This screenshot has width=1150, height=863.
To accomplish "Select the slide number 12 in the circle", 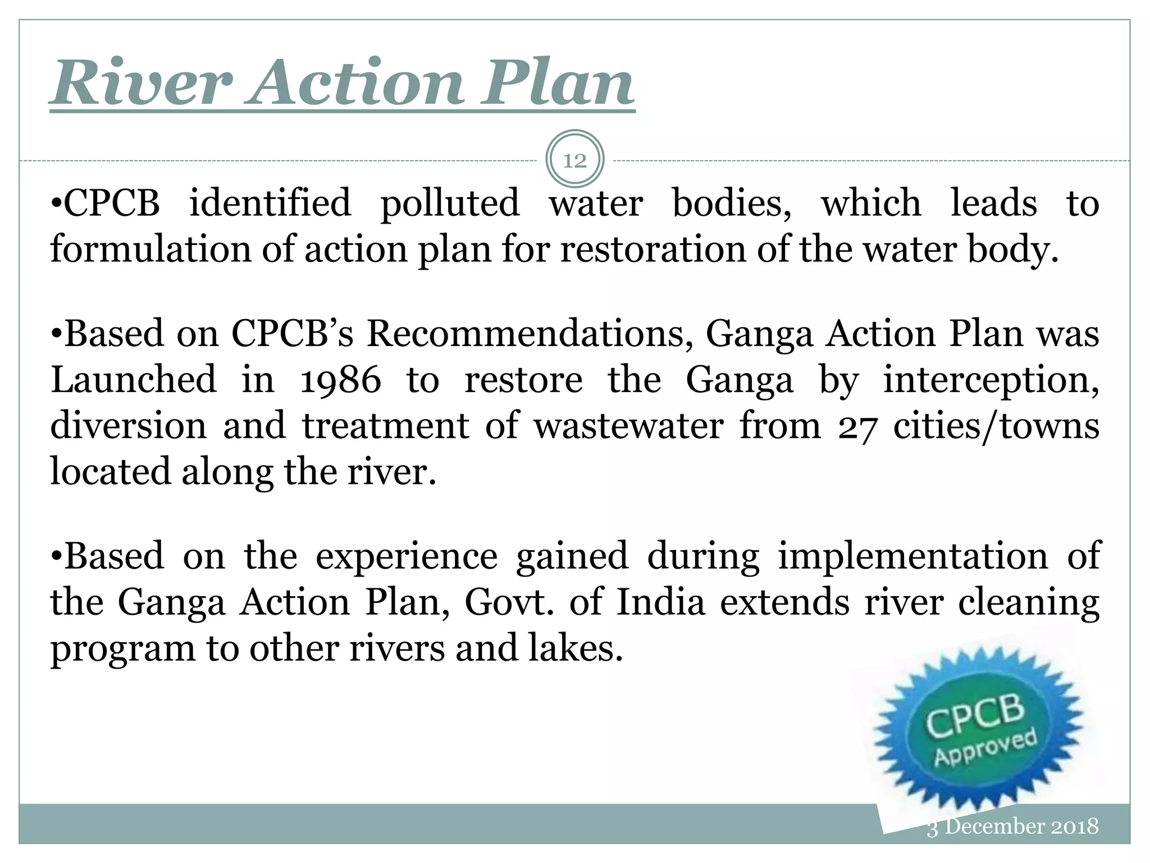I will click(574, 161).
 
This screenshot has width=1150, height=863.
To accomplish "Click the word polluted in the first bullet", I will click(450, 203).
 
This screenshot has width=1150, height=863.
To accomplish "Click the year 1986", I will click(340, 380).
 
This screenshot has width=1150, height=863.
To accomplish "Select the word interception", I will click(991, 380).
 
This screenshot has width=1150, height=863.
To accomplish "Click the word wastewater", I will click(628, 426).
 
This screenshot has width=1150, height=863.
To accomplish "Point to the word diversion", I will click(129, 426).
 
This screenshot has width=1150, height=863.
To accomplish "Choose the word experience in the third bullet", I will click(407, 556).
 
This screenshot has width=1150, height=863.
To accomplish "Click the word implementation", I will click(913, 556).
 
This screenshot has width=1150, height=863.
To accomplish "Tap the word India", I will click(660, 602).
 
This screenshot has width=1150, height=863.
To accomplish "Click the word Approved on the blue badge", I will click(985, 747).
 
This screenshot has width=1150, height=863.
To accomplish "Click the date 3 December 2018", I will click(1012, 826).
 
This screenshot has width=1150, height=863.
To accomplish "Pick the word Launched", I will click(133, 380).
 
